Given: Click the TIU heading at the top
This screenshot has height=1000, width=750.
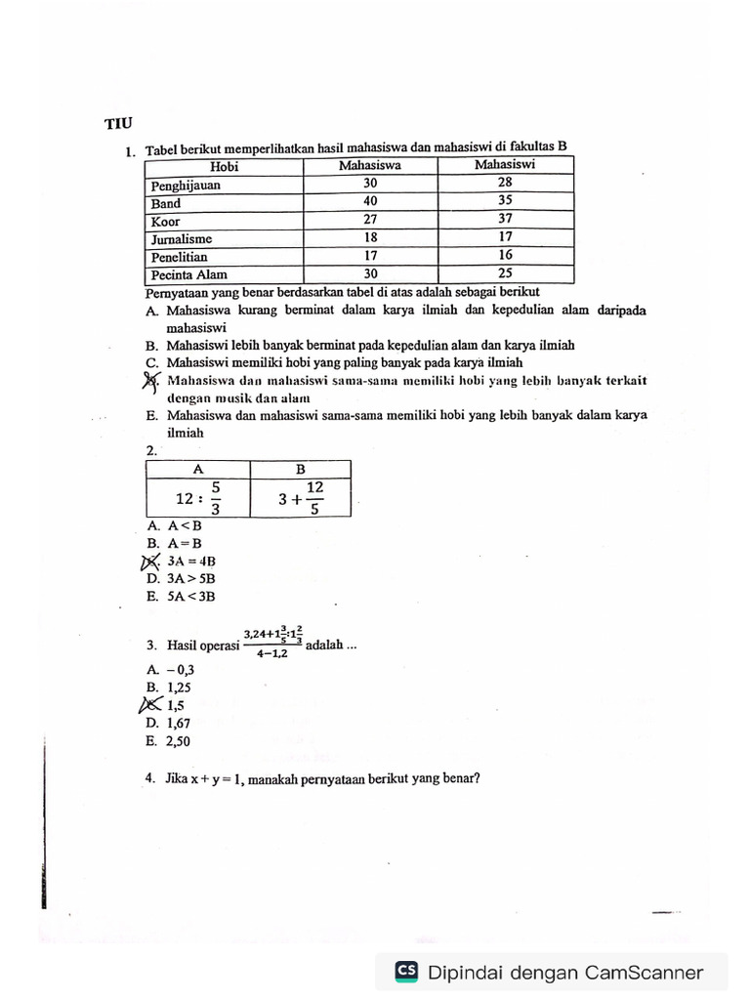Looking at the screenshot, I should click(117, 124).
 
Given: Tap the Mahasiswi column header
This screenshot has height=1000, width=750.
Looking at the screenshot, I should click(504, 165).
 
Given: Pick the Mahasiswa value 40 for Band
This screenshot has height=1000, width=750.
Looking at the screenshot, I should click(369, 202).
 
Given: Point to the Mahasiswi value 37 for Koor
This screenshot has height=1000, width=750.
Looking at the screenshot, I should click(504, 220).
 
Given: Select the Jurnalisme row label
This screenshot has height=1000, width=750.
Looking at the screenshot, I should click(182, 238).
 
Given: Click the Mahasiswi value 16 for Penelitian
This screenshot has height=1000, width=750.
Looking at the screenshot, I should click(504, 256).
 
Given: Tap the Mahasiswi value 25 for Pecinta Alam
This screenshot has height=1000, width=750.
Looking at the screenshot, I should click(504, 274).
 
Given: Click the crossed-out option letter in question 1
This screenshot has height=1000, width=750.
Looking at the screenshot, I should click(150, 381).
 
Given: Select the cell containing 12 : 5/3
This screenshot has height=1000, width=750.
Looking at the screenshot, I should click(198, 499).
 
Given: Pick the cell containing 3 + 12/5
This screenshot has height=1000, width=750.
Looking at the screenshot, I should click(301, 499).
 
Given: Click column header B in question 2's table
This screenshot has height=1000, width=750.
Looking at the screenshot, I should click(301, 469).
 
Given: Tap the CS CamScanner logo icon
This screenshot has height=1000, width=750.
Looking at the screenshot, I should click(406, 972).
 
